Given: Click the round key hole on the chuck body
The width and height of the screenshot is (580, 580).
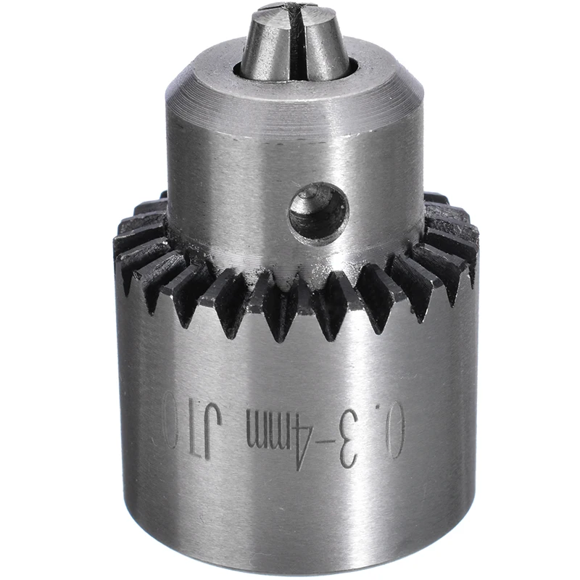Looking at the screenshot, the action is click(x=318, y=214).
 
